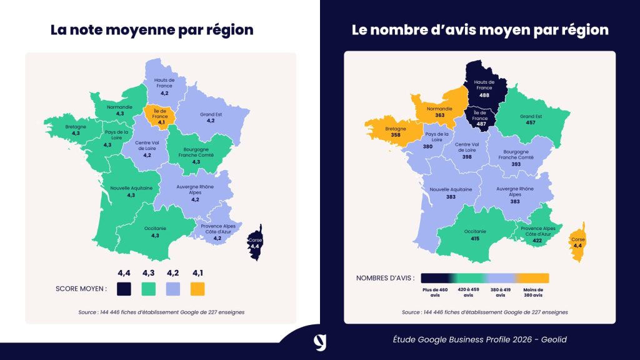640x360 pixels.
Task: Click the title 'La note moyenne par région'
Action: [152, 30]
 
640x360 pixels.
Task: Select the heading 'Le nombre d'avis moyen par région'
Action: [480, 30]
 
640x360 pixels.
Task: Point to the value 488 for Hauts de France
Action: [484, 96]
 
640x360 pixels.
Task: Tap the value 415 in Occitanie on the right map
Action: [476, 238]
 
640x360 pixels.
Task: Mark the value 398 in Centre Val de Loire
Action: [467, 156]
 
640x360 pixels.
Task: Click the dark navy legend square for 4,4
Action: [124, 289]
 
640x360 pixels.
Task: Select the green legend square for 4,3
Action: [148, 289]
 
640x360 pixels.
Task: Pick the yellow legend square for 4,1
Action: [197, 289]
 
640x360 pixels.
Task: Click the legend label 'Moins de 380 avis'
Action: [532, 292]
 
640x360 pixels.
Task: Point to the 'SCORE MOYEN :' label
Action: [81, 289]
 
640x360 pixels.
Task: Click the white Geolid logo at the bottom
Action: [320, 342]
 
